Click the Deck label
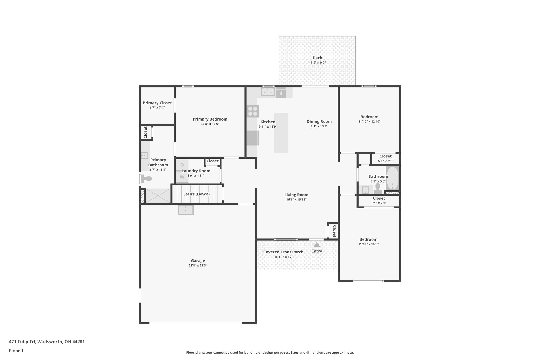click(317, 58)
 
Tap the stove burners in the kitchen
click(253, 111)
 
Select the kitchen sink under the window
click(268, 92)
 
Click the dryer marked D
click(182, 165)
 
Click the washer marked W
click(182, 177)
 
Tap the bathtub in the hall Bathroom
click(392, 178)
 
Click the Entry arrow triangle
click(317, 244)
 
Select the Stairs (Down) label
click(196, 194)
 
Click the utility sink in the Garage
click(186, 210)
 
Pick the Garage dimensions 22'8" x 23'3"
click(198, 266)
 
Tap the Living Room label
click(296, 195)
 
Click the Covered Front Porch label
click(283, 252)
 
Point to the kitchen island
click(281, 133)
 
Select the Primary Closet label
click(157, 103)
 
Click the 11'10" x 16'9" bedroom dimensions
click(368, 244)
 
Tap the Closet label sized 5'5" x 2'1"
click(385, 156)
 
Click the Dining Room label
click(319, 122)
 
